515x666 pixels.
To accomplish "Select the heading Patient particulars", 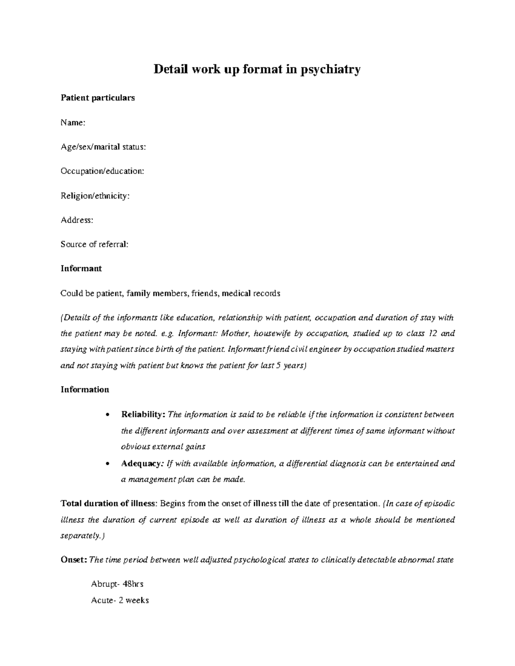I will click(x=97, y=98).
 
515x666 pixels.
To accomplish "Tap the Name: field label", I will click(x=73, y=123).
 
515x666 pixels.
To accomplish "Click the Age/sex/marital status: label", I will click(x=103, y=147).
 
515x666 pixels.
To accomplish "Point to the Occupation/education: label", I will click(x=102, y=171).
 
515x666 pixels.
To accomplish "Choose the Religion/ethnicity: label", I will click(x=95, y=196).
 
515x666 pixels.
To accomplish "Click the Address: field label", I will click(x=77, y=220).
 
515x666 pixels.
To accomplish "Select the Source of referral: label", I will click(x=94, y=244).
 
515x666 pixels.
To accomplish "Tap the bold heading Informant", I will click(x=81, y=268).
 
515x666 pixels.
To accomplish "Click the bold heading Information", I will click(x=85, y=389).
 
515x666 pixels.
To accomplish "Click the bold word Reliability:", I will click(x=143, y=415).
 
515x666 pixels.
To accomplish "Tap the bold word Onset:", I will click(x=74, y=560).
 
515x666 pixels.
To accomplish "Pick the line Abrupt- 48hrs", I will click(x=117, y=584).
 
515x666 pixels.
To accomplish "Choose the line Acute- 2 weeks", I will click(x=120, y=600).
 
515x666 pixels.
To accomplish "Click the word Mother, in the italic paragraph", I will click(x=238, y=334).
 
